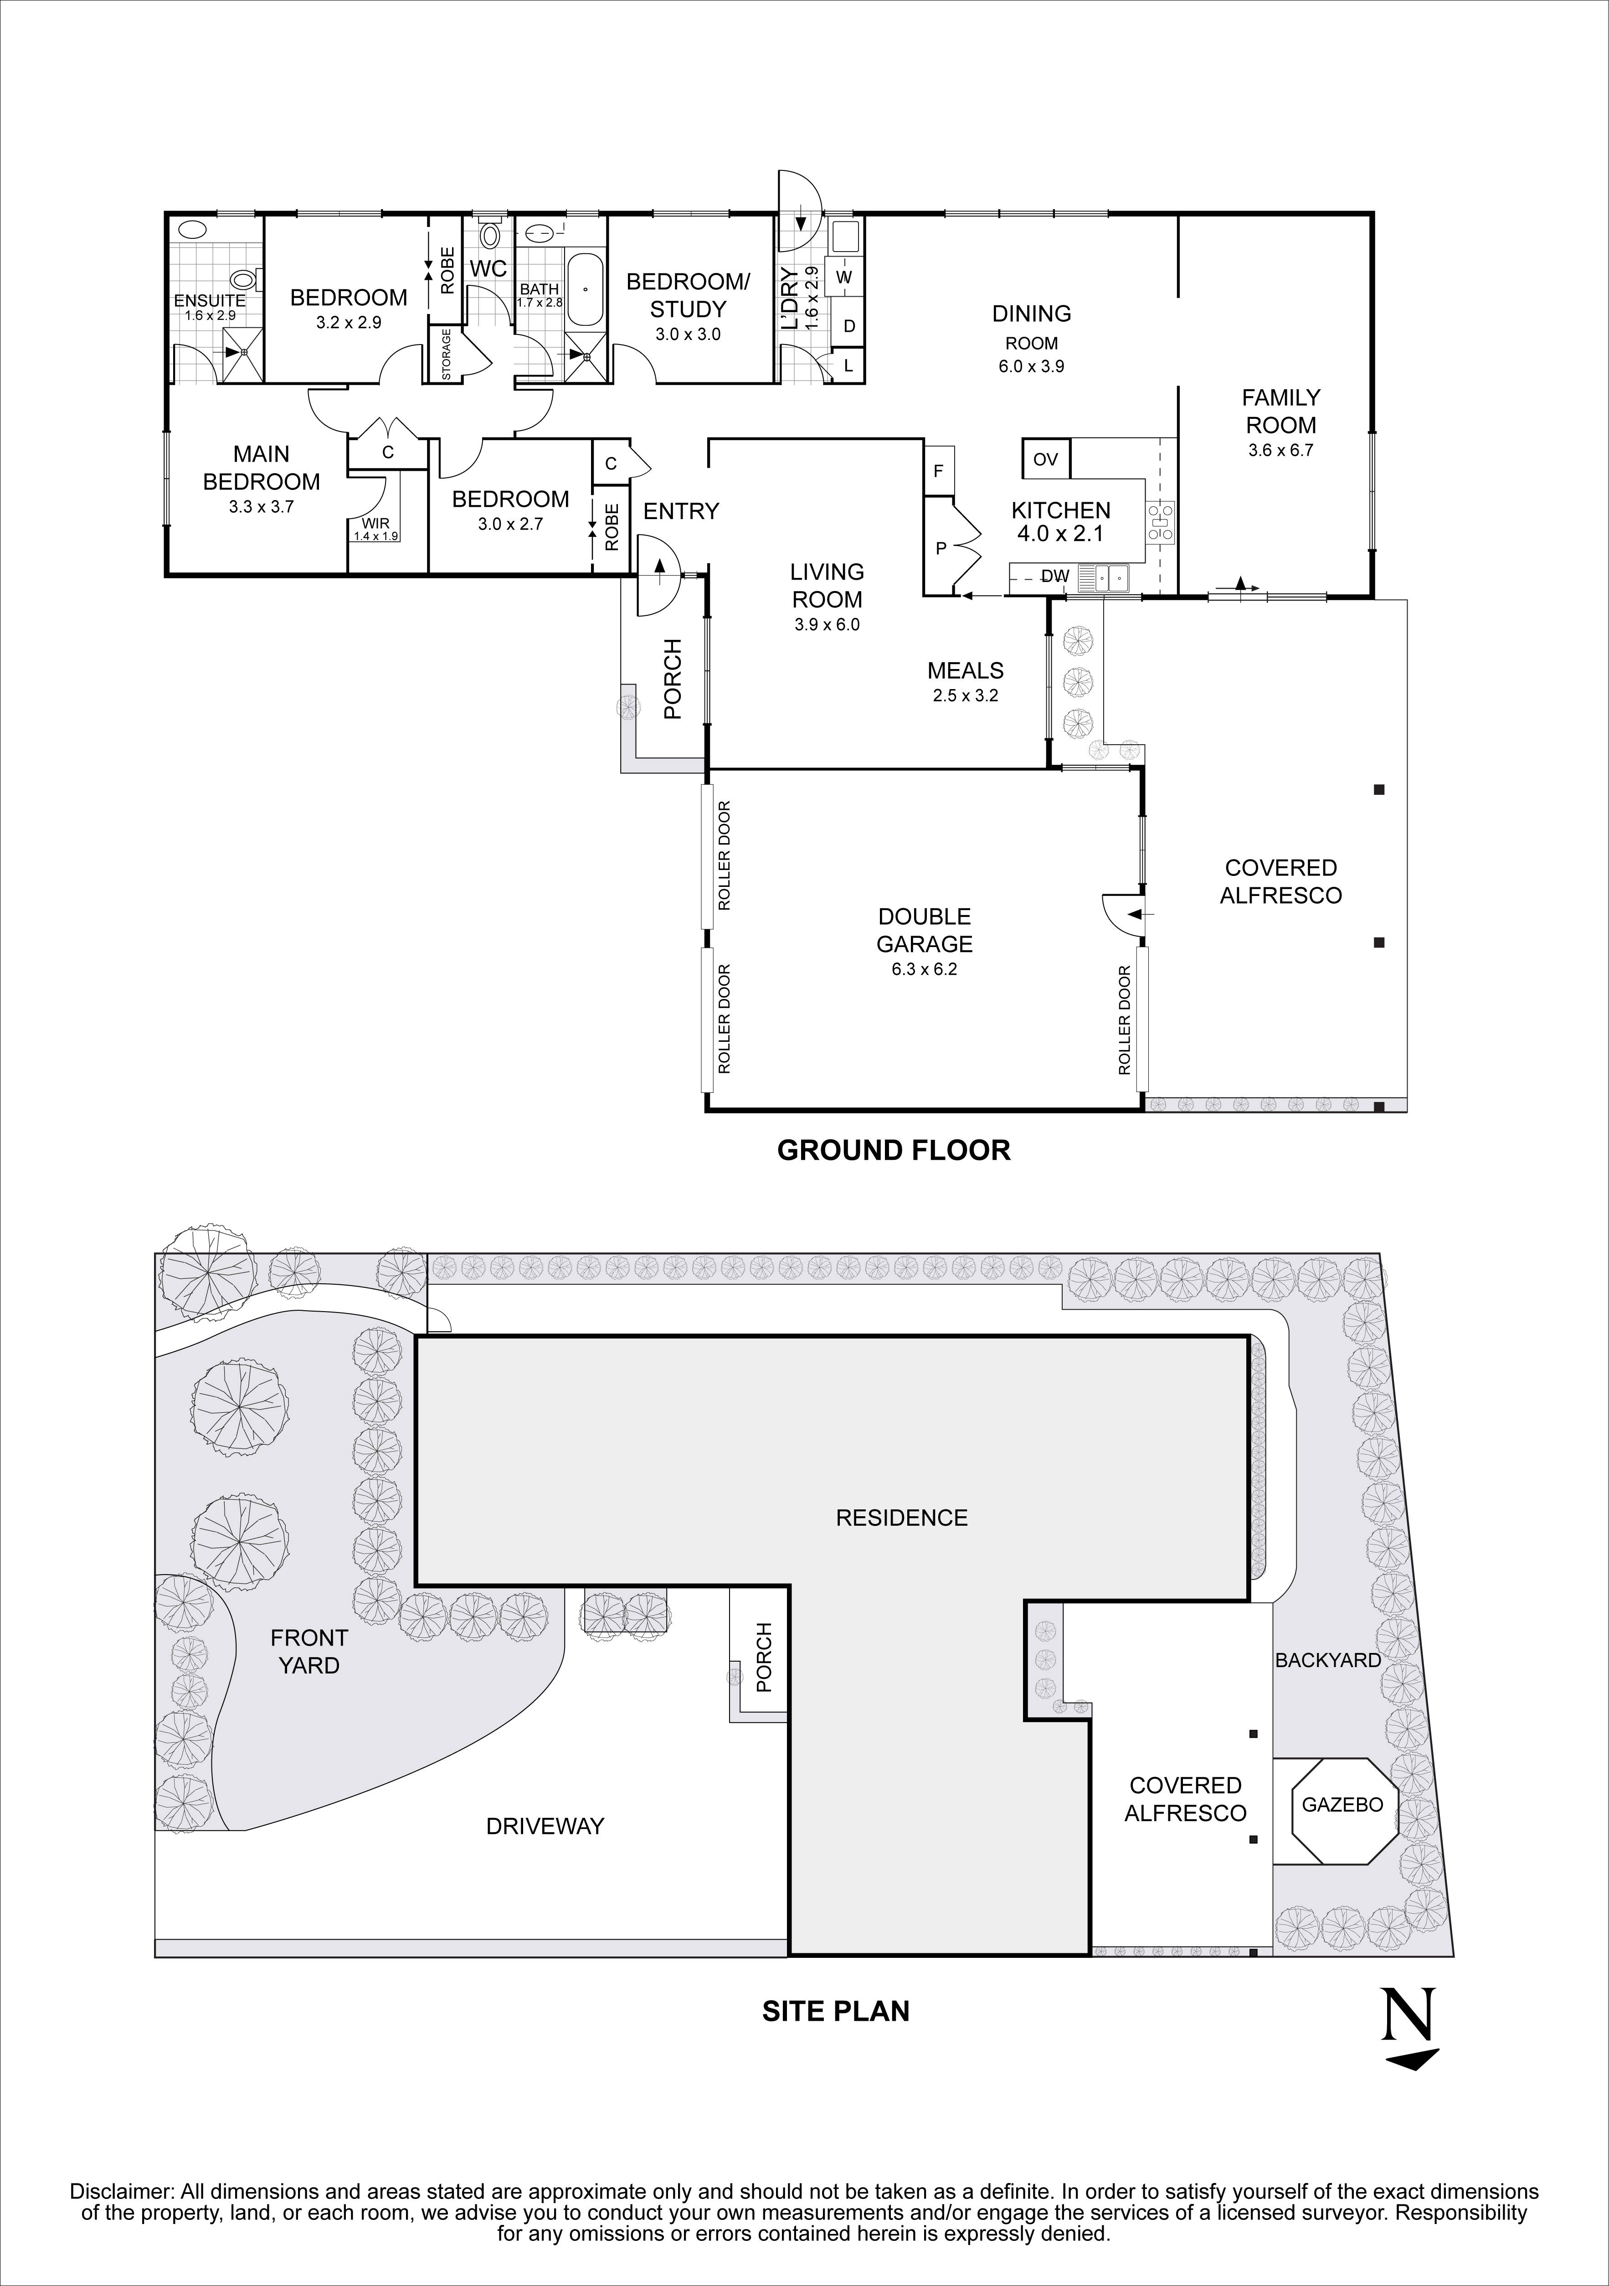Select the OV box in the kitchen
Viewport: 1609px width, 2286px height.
point(1045,459)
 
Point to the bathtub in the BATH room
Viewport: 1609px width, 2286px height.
point(585,290)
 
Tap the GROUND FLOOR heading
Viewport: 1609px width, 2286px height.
point(893,1150)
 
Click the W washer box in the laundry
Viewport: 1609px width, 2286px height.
point(844,277)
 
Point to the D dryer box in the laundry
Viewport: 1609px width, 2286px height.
point(849,325)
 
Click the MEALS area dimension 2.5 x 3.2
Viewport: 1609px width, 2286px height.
point(965,696)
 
